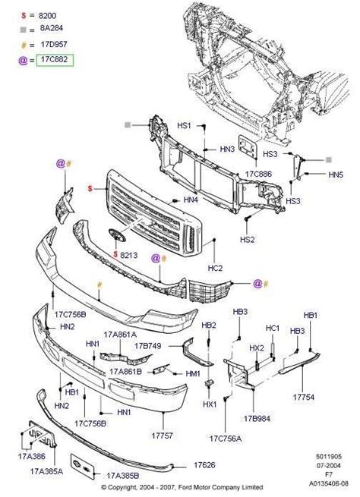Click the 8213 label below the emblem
pyautogui.click(x=128, y=255)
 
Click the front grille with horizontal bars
pyautogui.click(x=152, y=209)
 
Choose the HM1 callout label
pyautogui.click(x=193, y=374)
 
